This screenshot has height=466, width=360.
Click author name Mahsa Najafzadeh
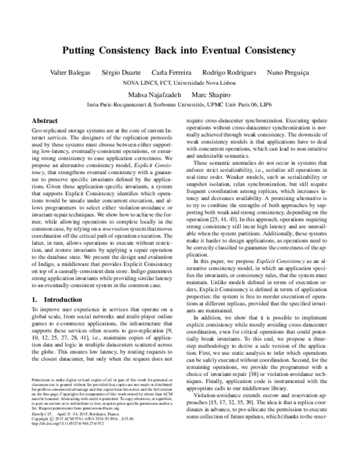coord(151,95)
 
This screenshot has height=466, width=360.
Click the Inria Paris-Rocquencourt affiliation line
coord(179,104)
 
